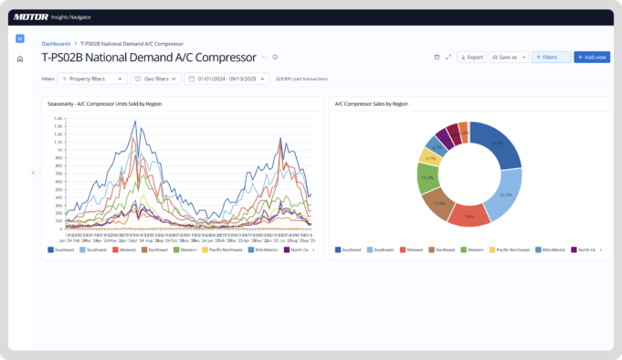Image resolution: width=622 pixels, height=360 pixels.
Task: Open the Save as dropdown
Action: (x=508, y=57)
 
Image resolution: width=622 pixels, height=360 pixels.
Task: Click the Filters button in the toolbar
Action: (x=551, y=57)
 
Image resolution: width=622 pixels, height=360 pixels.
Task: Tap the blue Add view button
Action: (x=591, y=57)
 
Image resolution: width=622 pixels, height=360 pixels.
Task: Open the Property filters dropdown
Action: (x=92, y=79)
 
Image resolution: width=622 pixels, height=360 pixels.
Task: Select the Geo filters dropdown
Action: (x=155, y=79)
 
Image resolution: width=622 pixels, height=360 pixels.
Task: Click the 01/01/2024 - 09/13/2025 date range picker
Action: (x=227, y=79)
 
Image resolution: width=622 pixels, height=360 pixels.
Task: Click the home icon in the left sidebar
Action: (x=20, y=59)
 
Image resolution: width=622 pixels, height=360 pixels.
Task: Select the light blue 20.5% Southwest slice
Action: (x=505, y=195)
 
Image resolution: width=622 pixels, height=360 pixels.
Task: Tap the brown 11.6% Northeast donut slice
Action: (x=439, y=204)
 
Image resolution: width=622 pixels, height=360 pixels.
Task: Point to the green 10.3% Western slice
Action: (x=427, y=177)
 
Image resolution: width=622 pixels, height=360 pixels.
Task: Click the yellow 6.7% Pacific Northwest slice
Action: (x=429, y=156)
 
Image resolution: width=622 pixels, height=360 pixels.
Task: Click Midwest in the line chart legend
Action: (x=124, y=249)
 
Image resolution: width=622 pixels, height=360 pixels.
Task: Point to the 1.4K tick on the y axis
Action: (x=58, y=119)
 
